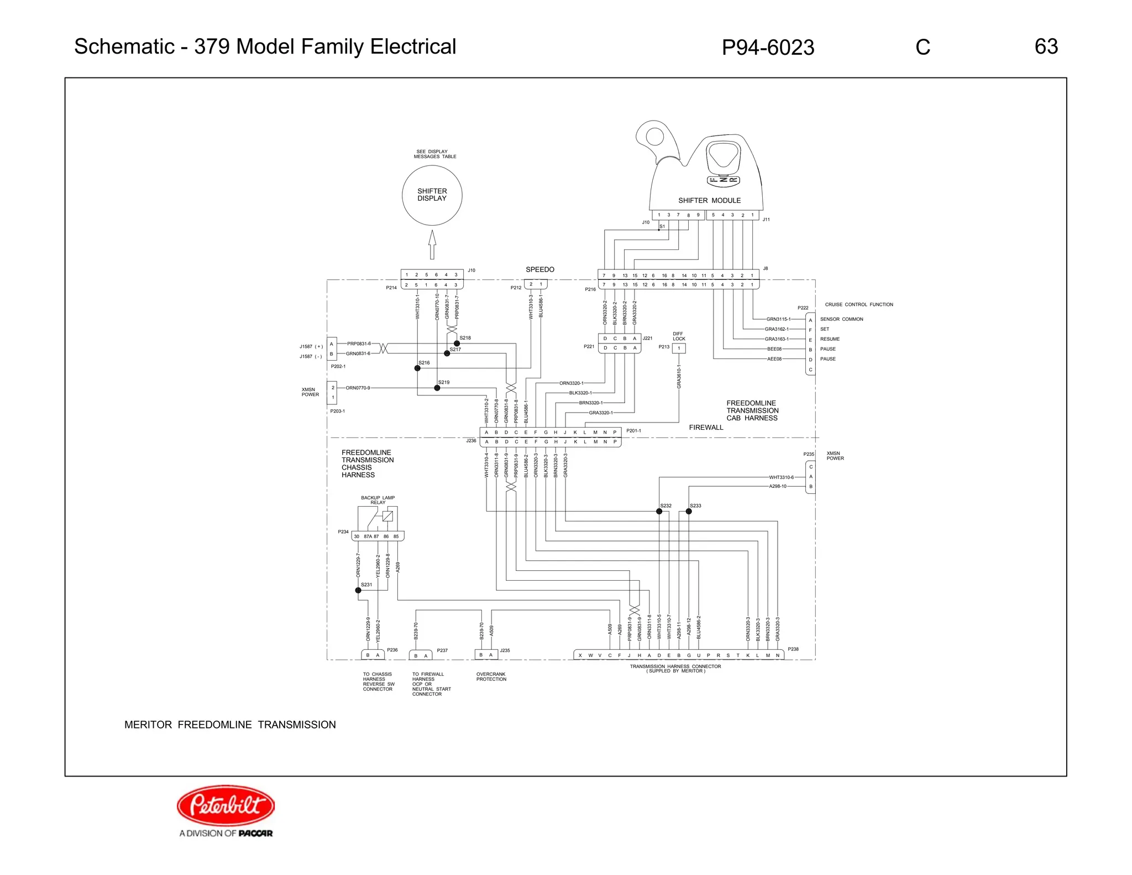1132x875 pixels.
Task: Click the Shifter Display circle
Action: click(432, 195)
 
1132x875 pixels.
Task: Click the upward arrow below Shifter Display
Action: click(432, 244)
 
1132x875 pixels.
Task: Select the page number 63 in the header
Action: click(1046, 46)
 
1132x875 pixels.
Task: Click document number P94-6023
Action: click(768, 48)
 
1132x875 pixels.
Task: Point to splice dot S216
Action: click(417, 368)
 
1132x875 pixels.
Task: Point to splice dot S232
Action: click(659, 512)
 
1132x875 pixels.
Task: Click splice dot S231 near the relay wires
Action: click(358, 590)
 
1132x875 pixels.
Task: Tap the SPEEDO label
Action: click(539, 269)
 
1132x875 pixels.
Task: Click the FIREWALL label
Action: click(706, 428)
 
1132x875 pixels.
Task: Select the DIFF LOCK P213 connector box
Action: click(679, 348)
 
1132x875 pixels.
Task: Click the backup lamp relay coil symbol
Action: click(387, 516)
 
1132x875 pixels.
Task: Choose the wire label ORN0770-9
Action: click(358, 388)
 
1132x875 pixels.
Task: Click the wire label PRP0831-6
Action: click(359, 343)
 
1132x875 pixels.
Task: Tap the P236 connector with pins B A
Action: click(373, 655)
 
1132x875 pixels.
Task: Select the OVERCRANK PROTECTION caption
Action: click(491, 676)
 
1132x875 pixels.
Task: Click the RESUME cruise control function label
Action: click(830, 339)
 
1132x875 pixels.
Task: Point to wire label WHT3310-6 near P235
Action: click(781, 477)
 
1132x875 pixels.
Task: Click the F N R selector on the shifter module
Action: click(723, 180)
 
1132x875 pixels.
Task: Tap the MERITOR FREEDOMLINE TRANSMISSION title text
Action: click(230, 725)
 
